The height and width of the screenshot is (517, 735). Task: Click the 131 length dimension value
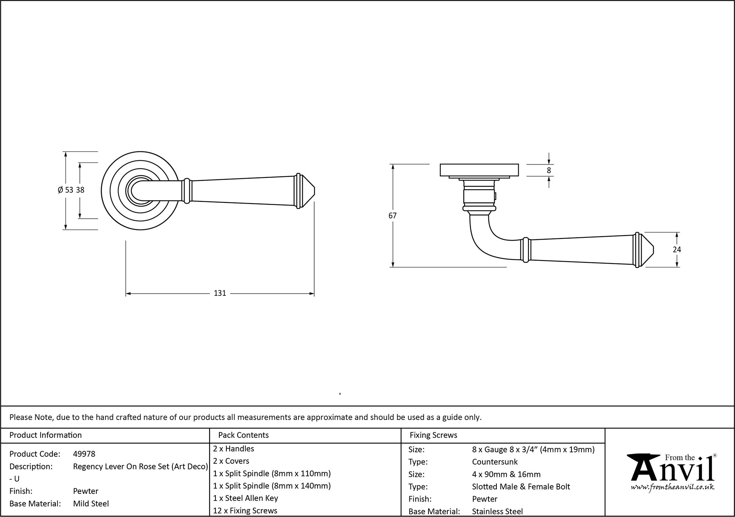point(220,293)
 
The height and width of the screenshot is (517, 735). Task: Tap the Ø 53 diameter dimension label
point(65,190)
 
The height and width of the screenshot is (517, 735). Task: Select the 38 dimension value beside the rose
point(80,190)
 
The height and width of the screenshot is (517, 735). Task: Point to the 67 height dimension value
point(392,216)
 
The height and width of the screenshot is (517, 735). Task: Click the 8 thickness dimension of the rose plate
point(549,170)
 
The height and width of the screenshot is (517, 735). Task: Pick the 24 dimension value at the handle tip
point(677,250)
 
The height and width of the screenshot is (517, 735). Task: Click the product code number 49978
point(84,454)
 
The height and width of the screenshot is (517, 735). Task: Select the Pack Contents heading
point(243,435)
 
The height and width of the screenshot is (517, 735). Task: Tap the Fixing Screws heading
point(434,435)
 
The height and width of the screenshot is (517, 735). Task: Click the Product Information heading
point(46,435)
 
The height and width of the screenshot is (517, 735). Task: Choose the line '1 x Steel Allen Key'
point(245,498)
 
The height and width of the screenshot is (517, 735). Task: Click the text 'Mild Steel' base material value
point(91,504)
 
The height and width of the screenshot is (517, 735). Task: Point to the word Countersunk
point(495,462)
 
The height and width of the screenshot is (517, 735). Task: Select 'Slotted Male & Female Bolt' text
point(521,487)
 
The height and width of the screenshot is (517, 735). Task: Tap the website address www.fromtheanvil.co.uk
point(673,487)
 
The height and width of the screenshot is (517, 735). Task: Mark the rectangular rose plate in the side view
point(479,170)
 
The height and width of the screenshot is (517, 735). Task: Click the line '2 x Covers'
point(231,461)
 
